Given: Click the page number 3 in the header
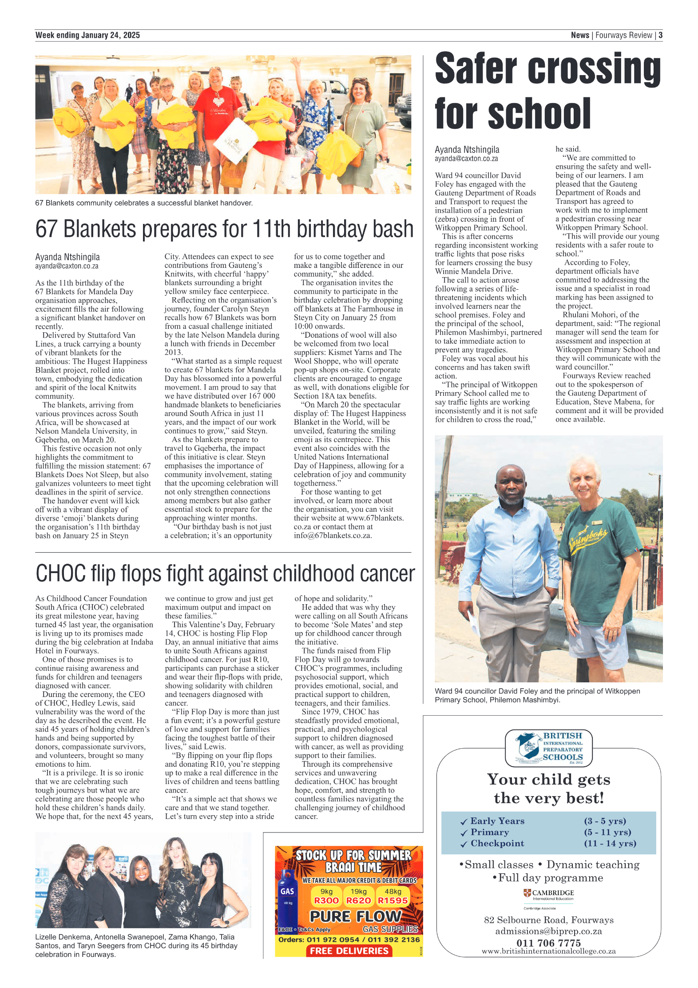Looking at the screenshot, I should (660, 35).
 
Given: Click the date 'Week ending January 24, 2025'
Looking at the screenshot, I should (87, 35).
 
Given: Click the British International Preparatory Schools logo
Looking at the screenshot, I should (549, 749).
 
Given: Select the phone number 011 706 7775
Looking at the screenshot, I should (548, 943).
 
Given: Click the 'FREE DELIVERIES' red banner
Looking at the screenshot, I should (349, 951).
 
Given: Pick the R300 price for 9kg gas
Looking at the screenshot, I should (326, 900).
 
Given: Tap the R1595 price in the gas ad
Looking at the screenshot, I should (393, 900).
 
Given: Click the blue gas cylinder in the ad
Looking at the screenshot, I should (287, 897).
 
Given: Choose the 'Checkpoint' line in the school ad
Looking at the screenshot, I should (497, 843).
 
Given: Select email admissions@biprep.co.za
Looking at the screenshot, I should (548, 931).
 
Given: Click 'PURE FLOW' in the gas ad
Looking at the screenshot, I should (355, 916).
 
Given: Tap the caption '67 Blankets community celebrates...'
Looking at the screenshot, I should (144, 203).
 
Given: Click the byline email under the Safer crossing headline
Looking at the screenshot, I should (466, 159).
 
